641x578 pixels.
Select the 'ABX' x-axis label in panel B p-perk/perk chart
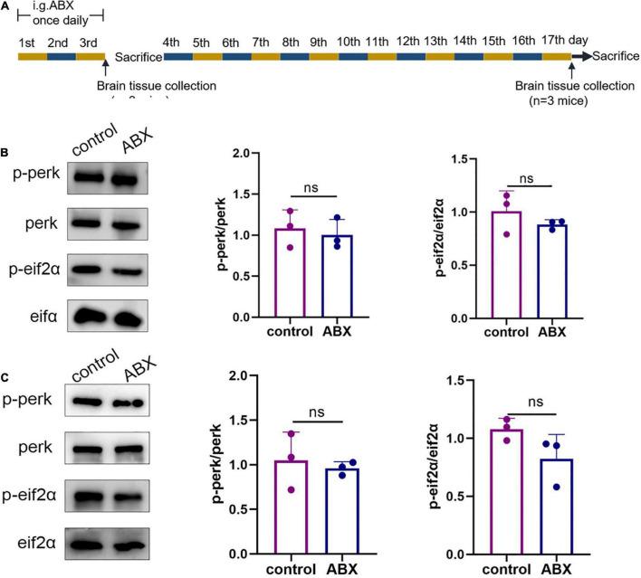click(x=338, y=332)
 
